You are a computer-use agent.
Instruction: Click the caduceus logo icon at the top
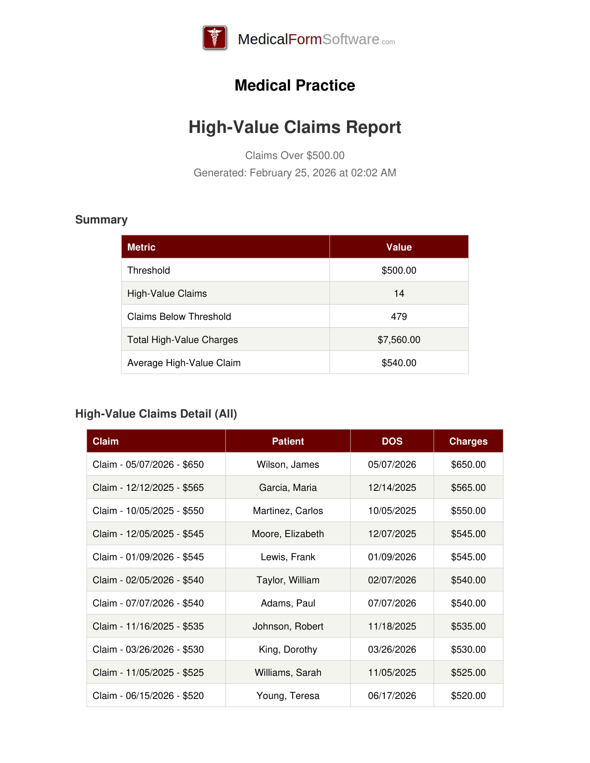(215, 38)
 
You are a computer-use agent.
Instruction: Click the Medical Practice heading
(295, 85)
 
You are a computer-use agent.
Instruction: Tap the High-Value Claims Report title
(295, 127)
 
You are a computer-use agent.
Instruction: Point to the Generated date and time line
(295, 173)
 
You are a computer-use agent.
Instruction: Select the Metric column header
(141, 247)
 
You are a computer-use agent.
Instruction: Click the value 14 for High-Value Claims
(399, 293)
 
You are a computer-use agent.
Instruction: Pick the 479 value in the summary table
(399, 316)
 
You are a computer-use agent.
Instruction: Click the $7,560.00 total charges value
(399, 340)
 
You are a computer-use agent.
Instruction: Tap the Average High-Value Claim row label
(184, 363)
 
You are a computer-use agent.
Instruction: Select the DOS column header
(392, 441)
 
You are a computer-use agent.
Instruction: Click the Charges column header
(468, 441)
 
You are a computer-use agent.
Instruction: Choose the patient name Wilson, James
(288, 464)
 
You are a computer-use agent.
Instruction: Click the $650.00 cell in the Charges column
(468, 464)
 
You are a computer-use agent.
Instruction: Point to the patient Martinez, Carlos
(288, 511)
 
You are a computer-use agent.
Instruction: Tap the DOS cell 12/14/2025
(392, 487)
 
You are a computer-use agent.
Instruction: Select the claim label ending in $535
(148, 626)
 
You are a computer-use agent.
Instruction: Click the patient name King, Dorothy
(288, 649)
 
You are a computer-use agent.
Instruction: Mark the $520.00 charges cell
(468, 696)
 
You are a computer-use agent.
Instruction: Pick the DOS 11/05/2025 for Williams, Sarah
(392, 672)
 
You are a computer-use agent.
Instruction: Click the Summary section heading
(101, 220)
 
